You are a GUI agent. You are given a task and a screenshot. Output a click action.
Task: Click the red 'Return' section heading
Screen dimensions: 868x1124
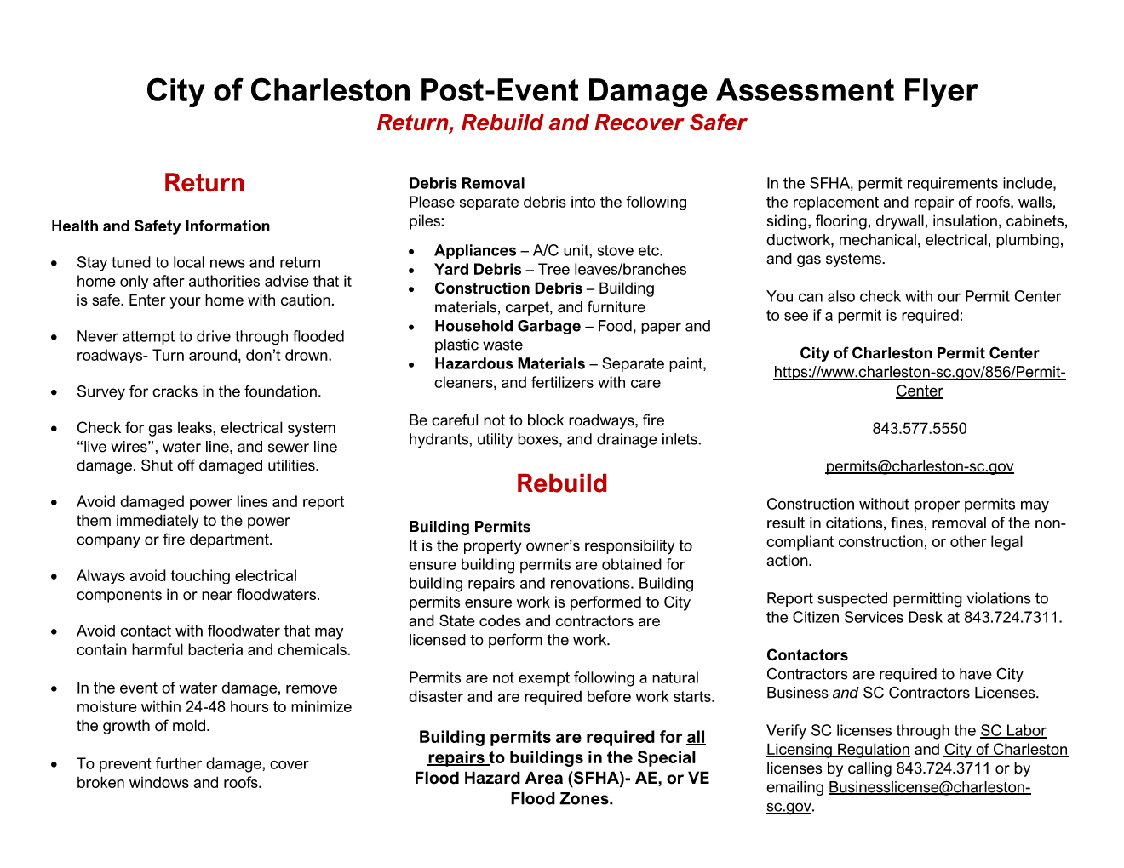[204, 183]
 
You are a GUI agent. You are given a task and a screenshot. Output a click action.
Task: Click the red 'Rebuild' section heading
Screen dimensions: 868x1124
[561, 483]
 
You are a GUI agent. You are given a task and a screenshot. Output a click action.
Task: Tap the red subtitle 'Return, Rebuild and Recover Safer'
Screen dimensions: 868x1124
[561, 123]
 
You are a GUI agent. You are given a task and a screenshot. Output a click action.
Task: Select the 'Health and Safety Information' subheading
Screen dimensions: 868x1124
[160, 226]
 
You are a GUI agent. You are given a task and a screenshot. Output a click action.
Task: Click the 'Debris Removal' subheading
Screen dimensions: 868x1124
[467, 183]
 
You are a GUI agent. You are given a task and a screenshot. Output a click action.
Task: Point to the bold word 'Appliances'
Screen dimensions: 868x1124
[475, 250]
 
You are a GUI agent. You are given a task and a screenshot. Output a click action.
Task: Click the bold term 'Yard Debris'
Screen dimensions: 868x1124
[478, 270]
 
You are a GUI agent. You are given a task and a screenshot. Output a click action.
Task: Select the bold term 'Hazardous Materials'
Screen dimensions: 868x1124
[509, 364]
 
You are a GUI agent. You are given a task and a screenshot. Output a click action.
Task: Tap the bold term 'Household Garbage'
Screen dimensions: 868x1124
[508, 327]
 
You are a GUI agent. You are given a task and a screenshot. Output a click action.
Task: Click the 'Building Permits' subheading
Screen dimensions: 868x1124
[469, 527]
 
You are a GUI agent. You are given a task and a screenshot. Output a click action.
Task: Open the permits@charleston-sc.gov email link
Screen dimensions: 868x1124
[919, 466]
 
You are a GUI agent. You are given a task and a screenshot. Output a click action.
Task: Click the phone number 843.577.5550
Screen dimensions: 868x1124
[919, 429]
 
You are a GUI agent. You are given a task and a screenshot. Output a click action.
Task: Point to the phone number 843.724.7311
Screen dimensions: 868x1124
[1012, 618]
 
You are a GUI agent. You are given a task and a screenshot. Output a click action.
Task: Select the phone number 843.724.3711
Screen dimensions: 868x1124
[943, 768]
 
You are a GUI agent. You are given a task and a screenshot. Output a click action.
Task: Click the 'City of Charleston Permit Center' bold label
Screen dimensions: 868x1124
[919, 353]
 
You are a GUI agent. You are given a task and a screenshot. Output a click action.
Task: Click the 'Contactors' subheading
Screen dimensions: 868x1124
[806, 655]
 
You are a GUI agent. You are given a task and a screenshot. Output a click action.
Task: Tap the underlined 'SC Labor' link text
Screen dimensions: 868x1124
[1012, 731]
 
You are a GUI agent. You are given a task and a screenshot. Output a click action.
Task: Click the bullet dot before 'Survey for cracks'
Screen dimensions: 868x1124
[55, 393]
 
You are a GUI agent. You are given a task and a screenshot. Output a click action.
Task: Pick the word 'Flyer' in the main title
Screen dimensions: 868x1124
[939, 90]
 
